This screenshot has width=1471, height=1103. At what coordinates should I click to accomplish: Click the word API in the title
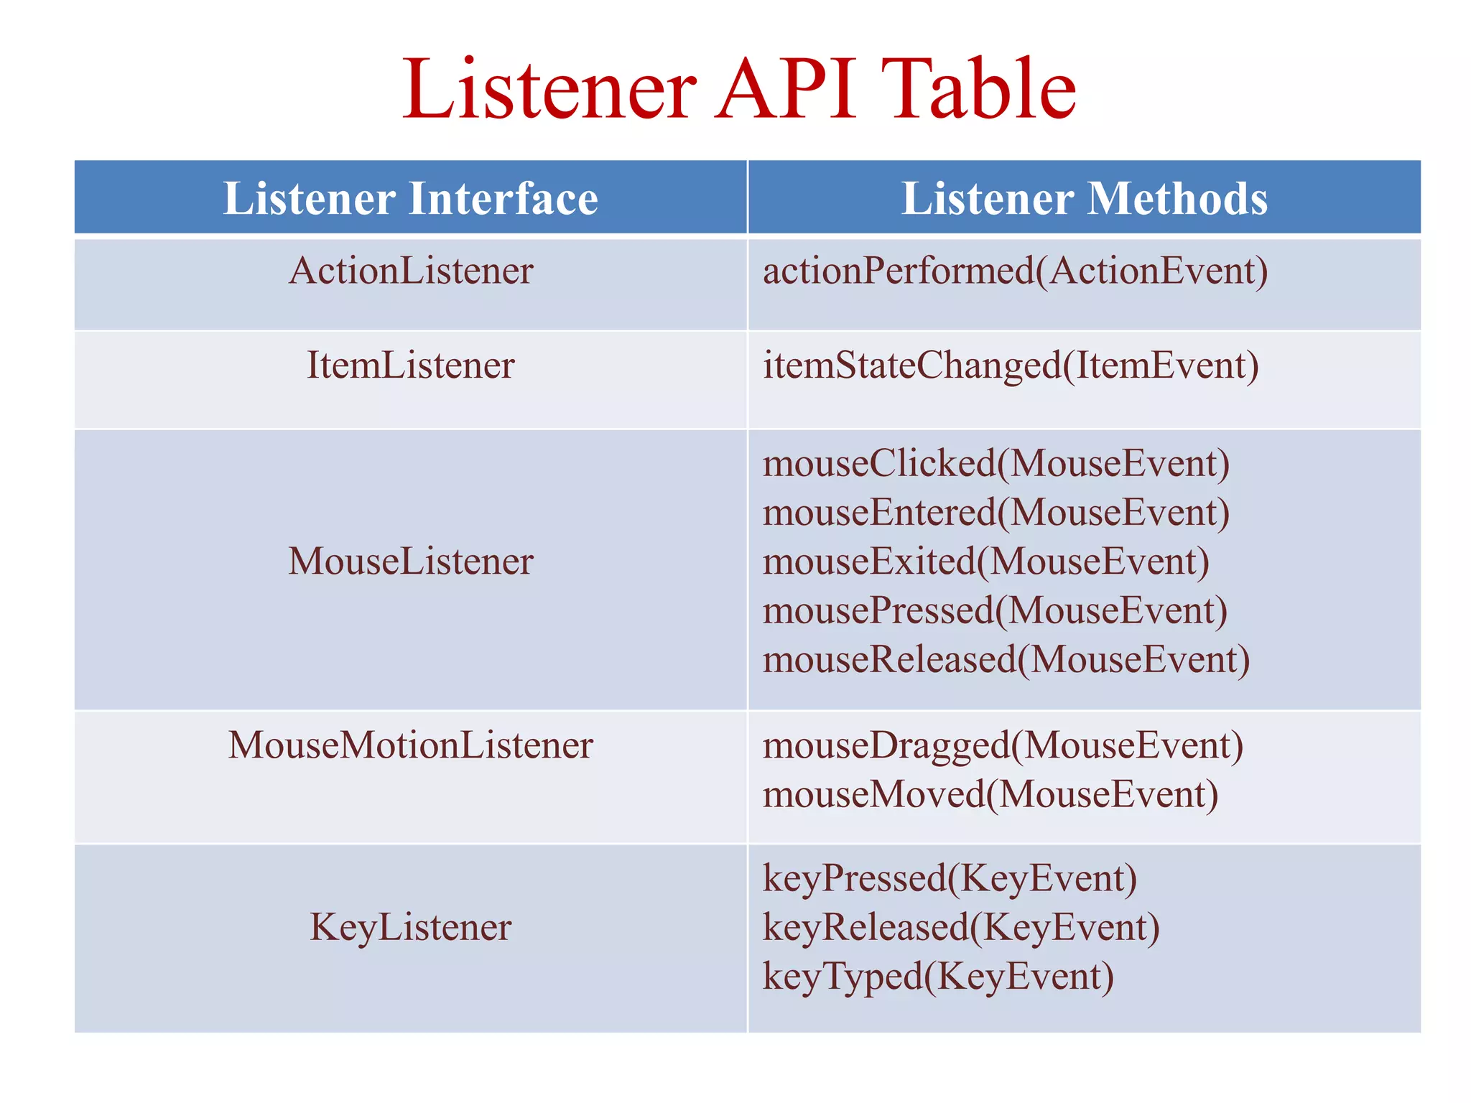pyautogui.click(x=786, y=89)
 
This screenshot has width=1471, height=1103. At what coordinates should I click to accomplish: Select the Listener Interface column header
pyautogui.click(x=410, y=198)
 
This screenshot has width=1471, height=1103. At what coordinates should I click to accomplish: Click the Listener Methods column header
pyautogui.click(x=1084, y=198)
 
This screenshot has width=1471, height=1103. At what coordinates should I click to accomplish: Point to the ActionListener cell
pyautogui.click(x=410, y=271)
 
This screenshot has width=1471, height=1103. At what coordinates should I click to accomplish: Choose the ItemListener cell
pyautogui.click(x=410, y=366)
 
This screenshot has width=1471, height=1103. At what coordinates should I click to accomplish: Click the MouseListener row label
pyautogui.click(x=410, y=562)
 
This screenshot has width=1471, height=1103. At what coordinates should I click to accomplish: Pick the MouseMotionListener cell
pyautogui.click(x=410, y=745)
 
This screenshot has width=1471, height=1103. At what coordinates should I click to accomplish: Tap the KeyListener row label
pyautogui.click(x=410, y=927)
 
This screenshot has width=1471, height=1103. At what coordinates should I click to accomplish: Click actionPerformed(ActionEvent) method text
pyautogui.click(x=1015, y=271)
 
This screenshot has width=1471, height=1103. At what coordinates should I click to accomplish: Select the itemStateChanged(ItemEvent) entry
pyautogui.click(x=1010, y=366)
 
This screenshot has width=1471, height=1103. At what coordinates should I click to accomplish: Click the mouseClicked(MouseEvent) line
pyautogui.click(x=996, y=464)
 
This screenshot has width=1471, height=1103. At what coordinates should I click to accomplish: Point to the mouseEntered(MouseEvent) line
pyautogui.click(x=996, y=513)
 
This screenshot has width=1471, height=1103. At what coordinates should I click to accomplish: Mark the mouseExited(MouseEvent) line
pyautogui.click(x=985, y=562)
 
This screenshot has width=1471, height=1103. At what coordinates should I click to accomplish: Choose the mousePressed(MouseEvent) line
pyautogui.click(x=995, y=611)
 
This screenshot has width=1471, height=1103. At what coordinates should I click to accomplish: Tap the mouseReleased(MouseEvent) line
pyautogui.click(x=1006, y=660)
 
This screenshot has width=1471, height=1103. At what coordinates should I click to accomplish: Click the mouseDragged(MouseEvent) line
pyautogui.click(x=1003, y=745)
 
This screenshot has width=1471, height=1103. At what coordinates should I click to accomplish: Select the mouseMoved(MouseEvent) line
pyautogui.click(x=990, y=795)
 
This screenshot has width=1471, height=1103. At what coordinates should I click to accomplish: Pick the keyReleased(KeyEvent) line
pyautogui.click(x=960, y=927)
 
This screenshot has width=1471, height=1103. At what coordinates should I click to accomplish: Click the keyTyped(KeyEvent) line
pyautogui.click(x=937, y=977)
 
